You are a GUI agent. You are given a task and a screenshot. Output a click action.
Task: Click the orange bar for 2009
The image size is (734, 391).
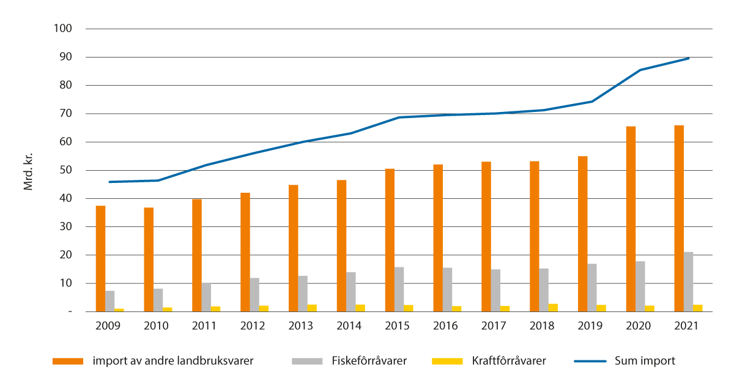[x=100, y=259]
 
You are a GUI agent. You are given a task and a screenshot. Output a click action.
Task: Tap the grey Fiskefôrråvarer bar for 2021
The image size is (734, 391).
[x=689, y=282]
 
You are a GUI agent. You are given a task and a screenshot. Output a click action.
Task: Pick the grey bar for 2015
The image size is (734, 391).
[x=399, y=289]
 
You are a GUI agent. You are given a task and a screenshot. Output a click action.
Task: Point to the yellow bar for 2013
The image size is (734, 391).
[x=312, y=308]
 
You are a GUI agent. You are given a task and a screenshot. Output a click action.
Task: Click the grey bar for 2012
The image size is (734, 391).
[x=254, y=295]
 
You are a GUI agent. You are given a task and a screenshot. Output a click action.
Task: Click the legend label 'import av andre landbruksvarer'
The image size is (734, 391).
[x=173, y=361]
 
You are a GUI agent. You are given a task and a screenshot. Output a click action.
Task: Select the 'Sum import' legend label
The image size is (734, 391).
[x=645, y=361]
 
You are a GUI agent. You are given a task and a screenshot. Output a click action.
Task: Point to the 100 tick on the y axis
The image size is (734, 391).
[x=63, y=29]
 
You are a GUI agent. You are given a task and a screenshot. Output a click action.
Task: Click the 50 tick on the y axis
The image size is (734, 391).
[x=65, y=170]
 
